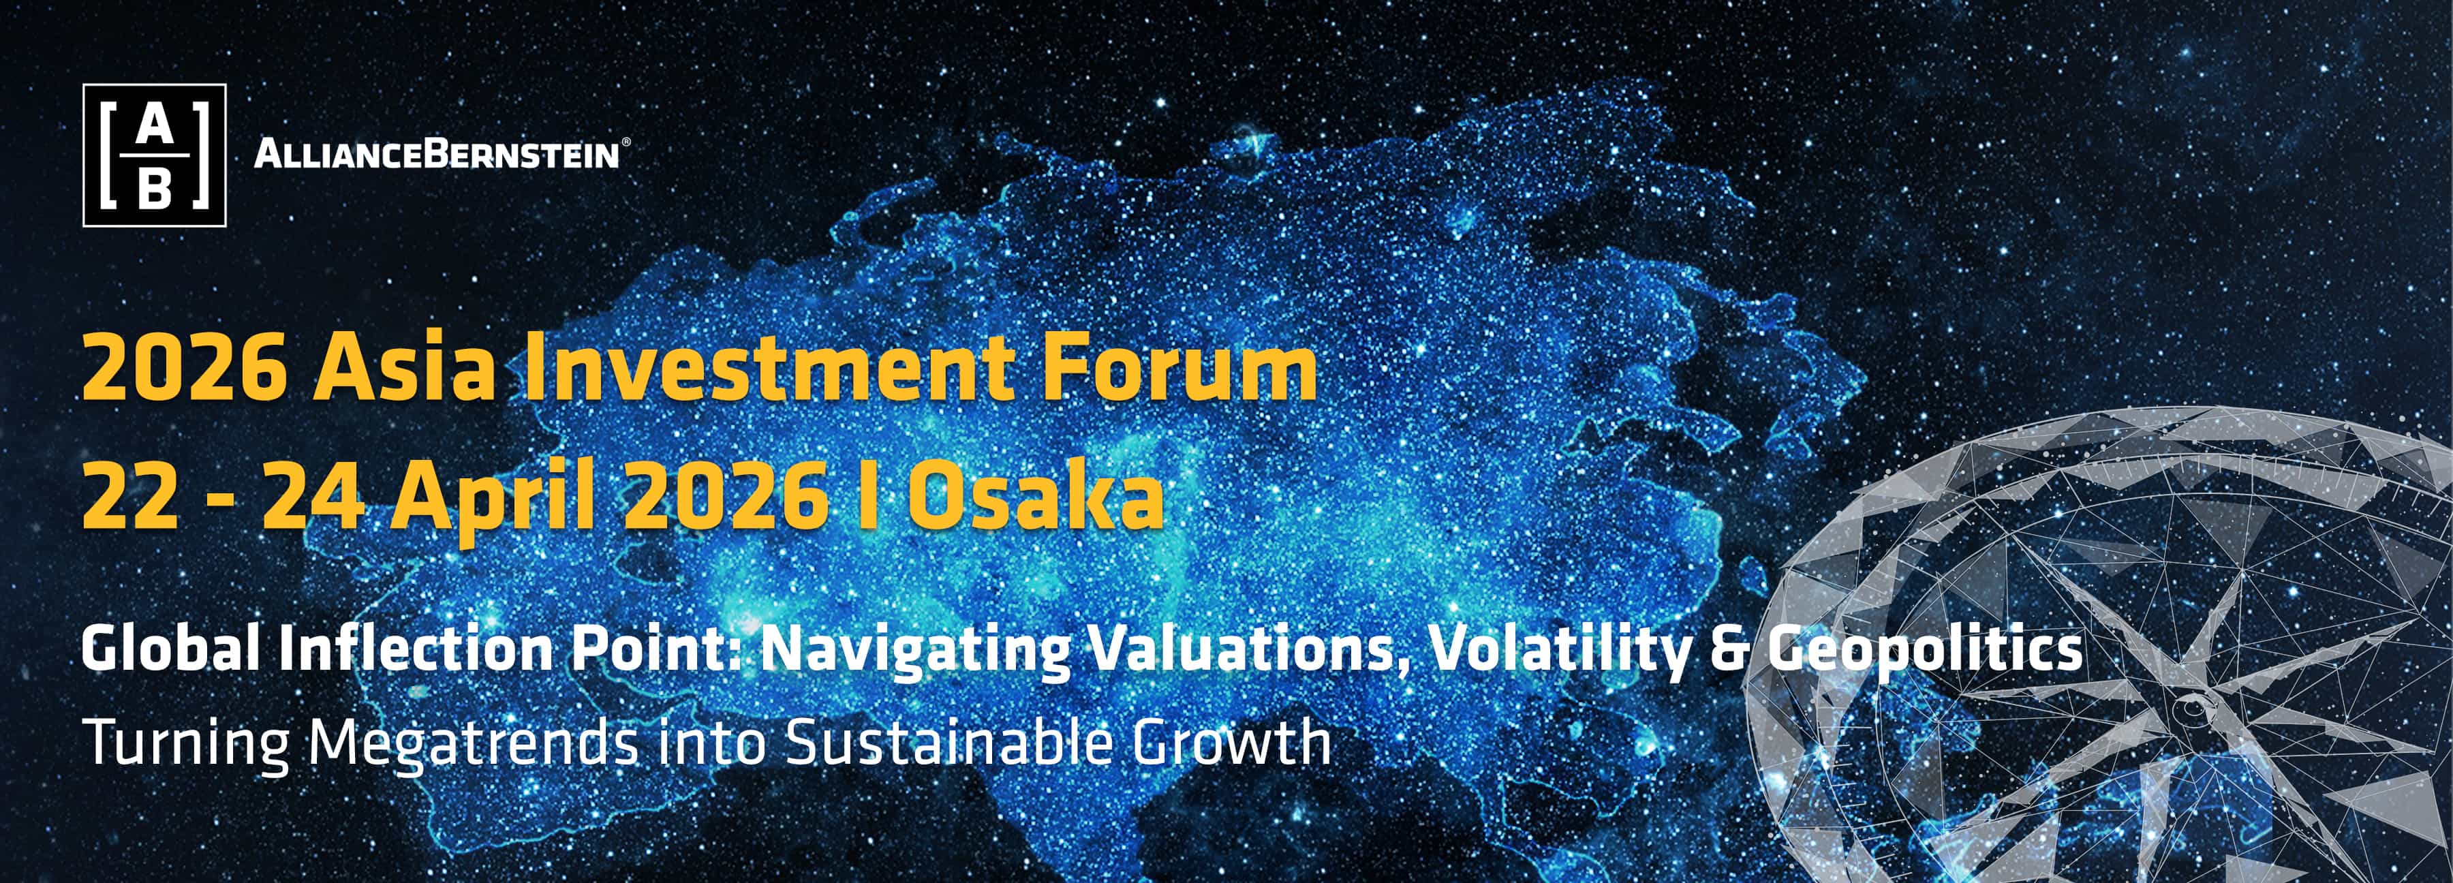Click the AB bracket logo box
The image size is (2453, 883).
point(154,155)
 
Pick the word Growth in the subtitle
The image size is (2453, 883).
point(1231,742)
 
